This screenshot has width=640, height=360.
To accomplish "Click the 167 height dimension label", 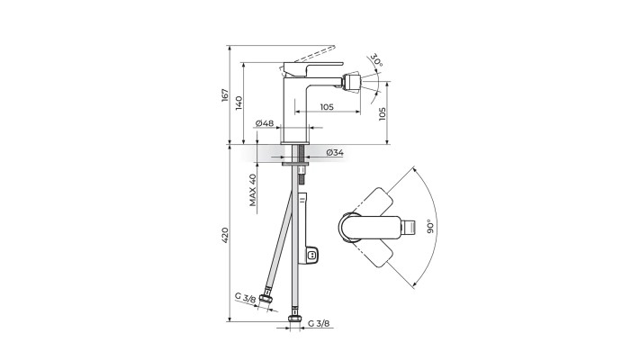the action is coord(225,94).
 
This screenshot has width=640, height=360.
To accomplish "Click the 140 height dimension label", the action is coord(239,103).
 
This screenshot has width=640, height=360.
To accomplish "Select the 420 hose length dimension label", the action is coord(225,236).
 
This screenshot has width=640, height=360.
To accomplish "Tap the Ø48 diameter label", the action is coord(265,123).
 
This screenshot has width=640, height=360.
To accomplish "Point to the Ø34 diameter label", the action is coord(335,153).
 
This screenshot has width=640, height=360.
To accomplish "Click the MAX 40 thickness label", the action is coord(253,190).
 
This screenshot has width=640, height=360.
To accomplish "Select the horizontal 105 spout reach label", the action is coord(327,107).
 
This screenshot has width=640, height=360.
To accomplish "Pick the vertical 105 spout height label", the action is coord(382,114).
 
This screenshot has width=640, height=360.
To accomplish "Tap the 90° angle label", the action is coord(429,226).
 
